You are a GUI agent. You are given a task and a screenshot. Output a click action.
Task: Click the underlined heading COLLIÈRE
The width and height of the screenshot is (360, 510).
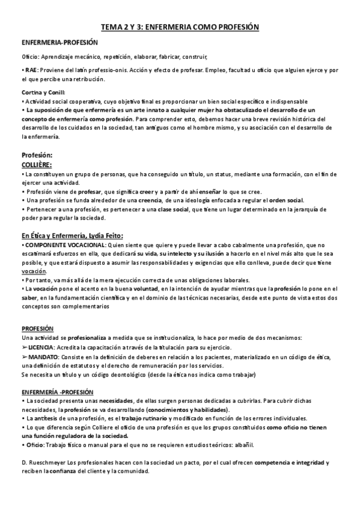click(36, 164)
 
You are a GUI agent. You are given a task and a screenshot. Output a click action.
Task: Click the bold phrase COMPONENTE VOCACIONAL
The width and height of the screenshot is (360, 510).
click(55, 245)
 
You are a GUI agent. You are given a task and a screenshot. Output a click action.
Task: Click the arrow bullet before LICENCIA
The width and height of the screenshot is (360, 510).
click(23, 348)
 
